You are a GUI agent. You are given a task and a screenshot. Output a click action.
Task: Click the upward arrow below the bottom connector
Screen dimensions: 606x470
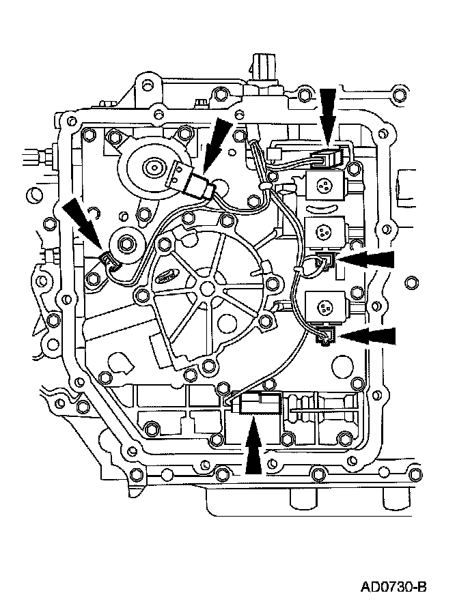pos(252,446)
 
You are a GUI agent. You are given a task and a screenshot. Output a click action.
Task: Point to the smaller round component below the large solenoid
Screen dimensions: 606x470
pos(126,242)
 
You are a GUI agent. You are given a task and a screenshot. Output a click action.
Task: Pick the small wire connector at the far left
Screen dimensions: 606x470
pos(107,259)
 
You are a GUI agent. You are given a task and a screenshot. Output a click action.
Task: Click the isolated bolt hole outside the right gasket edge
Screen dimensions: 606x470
pos(410,280)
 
